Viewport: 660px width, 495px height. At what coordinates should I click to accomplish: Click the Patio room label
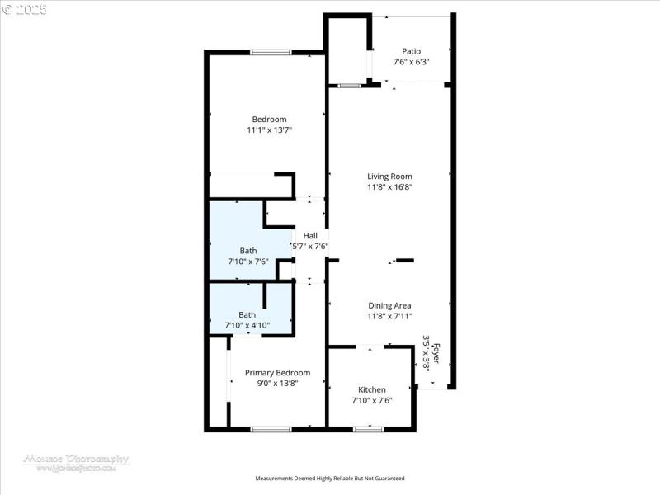click(x=411, y=51)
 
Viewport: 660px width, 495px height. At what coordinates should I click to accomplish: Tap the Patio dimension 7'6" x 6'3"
click(x=411, y=62)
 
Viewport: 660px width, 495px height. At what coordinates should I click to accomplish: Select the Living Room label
click(x=389, y=176)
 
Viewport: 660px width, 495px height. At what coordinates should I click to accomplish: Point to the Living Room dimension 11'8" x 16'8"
click(x=389, y=187)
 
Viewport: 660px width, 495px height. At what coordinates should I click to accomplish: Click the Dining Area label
click(x=389, y=305)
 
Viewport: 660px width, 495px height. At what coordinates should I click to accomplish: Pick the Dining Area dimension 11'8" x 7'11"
click(x=389, y=316)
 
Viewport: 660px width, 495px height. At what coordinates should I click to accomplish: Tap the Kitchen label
click(x=371, y=389)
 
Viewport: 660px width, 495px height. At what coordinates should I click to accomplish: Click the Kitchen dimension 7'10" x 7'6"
click(x=371, y=400)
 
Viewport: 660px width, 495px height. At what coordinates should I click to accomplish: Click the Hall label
click(x=310, y=235)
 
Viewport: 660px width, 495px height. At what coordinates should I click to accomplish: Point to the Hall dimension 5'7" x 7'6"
click(x=310, y=246)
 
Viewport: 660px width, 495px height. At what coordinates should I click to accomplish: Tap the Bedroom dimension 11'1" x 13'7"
click(x=270, y=130)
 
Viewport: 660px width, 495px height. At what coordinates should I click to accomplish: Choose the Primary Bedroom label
click(x=277, y=372)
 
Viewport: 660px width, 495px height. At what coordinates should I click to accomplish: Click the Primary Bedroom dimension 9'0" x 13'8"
click(x=277, y=383)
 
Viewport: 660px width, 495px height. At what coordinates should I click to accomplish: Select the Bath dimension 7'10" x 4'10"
click(x=247, y=325)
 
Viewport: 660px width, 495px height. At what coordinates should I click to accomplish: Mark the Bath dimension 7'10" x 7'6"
click(x=247, y=262)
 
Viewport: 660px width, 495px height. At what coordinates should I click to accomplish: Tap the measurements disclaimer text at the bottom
click(x=330, y=478)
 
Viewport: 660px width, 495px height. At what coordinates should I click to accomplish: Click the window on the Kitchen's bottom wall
click(x=368, y=429)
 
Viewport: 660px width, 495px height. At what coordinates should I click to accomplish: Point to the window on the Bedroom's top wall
click(x=271, y=53)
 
